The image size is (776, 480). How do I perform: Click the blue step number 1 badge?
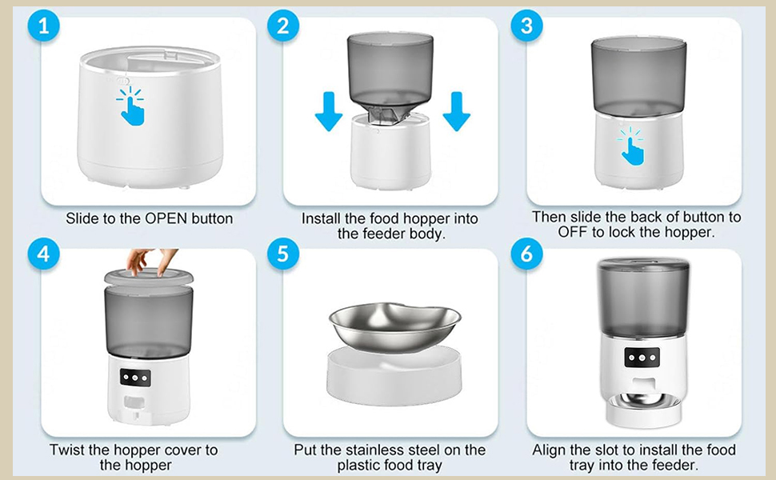43,25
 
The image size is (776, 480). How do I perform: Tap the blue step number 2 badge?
282,25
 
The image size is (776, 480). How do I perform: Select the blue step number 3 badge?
526,25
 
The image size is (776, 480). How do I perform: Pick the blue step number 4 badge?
43,254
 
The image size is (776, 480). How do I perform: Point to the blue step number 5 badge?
282,254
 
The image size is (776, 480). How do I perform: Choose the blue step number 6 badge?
526,254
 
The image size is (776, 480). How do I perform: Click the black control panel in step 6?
642,357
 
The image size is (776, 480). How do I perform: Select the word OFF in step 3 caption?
575,232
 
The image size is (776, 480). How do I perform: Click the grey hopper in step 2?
390,68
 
